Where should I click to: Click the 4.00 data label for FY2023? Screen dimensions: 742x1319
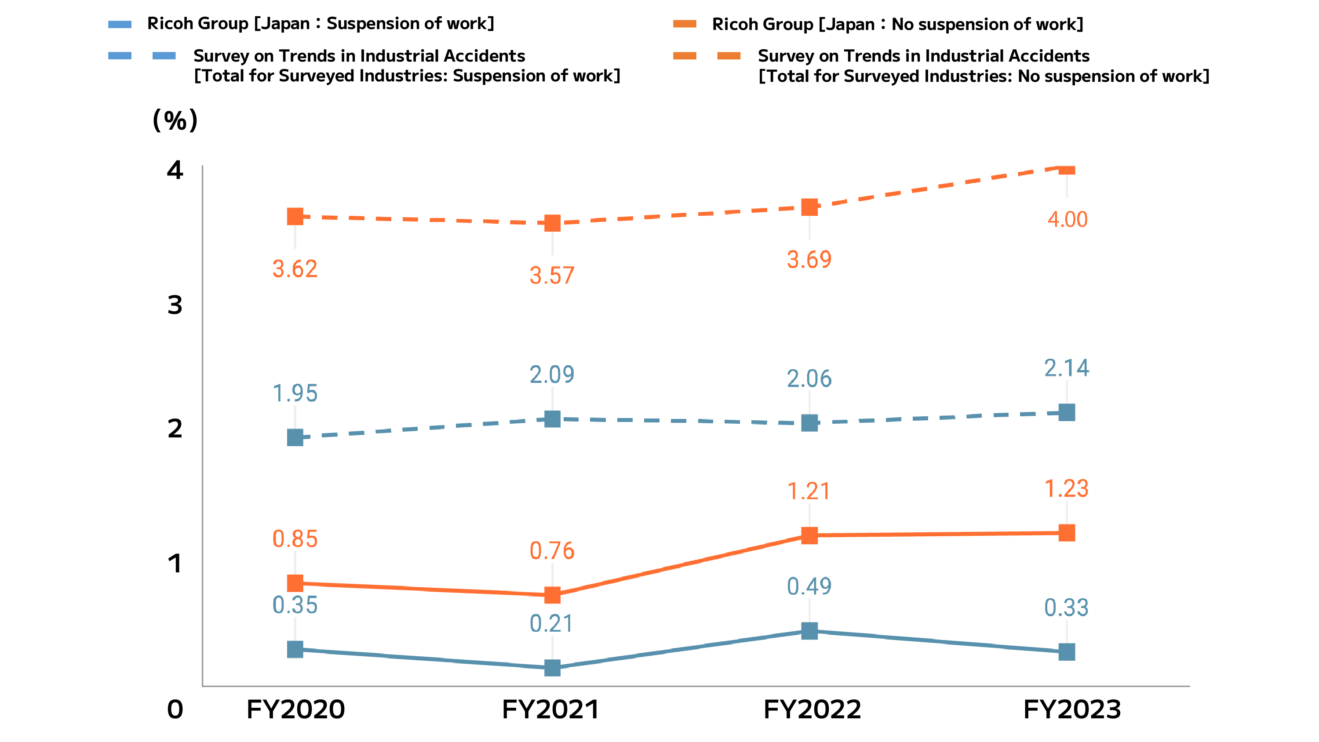[x=1067, y=219]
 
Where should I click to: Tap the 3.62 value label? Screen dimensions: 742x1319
[x=295, y=269]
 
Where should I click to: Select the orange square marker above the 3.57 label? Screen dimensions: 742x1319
[x=552, y=223]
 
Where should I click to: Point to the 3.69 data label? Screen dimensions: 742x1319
[x=809, y=260]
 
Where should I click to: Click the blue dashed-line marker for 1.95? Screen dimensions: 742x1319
[x=295, y=437]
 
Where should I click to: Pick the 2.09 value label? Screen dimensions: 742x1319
[x=552, y=375]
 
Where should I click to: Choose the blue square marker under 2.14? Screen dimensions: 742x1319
[x=1067, y=412]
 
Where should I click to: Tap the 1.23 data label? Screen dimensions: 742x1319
[x=1067, y=488]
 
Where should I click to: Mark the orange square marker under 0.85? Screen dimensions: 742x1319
[x=295, y=583]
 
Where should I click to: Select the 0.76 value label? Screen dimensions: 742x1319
[x=552, y=550]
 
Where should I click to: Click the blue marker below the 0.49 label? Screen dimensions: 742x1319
[x=809, y=631]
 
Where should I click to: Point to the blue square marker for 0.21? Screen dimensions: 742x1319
[x=552, y=668]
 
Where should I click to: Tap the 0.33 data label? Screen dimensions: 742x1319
[x=1067, y=607]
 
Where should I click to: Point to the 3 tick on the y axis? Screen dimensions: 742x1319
[x=175, y=305]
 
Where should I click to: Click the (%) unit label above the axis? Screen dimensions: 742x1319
[x=175, y=120]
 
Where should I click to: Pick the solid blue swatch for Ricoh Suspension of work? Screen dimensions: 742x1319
[x=120, y=24]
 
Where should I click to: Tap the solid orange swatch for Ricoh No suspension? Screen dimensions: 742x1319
[x=685, y=24]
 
